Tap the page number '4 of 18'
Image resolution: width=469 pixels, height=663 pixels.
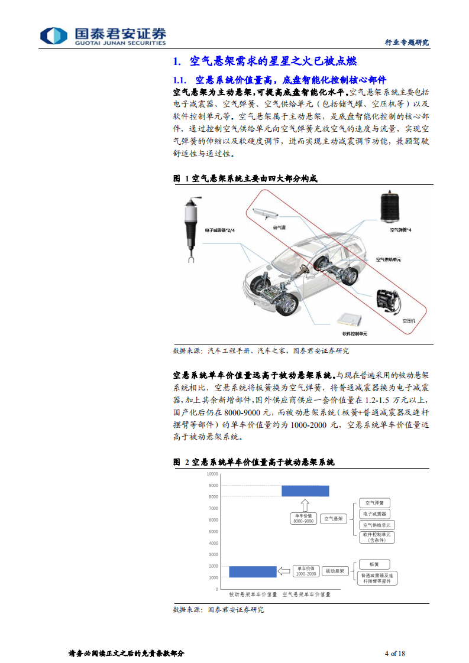pos(394,653)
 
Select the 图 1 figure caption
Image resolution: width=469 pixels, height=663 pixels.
pos(248,178)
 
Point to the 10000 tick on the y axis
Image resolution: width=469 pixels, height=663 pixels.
pos(212,474)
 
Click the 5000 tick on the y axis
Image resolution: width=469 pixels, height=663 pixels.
pos(214,531)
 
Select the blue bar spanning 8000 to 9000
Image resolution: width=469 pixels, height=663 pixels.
pos(305,491)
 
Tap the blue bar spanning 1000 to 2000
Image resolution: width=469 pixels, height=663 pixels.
pos(253,571)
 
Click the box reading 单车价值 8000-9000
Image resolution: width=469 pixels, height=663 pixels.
pos(303,519)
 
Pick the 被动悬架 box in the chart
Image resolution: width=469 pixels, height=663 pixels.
pos(335,571)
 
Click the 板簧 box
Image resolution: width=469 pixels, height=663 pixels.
pos(374,564)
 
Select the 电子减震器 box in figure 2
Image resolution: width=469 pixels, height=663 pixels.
pos(377,514)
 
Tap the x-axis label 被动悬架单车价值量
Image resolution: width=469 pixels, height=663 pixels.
pos(253,594)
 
